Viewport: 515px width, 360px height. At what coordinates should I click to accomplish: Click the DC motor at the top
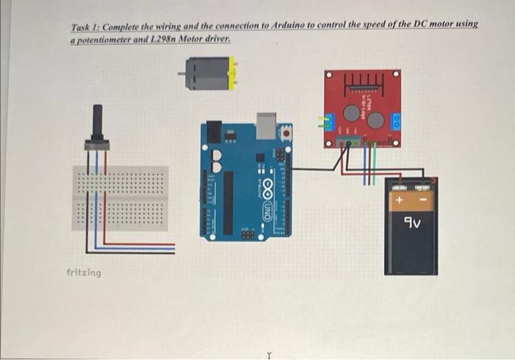[206, 74]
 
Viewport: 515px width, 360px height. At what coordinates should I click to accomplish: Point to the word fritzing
[84, 272]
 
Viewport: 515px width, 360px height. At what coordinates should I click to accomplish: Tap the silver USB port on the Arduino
[265, 127]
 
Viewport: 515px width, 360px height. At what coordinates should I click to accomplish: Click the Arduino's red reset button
[285, 133]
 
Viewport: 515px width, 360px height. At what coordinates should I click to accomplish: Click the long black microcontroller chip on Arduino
[228, 202]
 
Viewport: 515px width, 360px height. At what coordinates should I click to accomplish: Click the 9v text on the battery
[411, 220]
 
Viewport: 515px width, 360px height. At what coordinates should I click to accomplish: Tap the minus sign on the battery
[424, 200]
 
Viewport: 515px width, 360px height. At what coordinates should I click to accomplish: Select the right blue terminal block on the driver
[396, 121]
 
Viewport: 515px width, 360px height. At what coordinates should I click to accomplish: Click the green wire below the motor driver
[373, 166]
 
